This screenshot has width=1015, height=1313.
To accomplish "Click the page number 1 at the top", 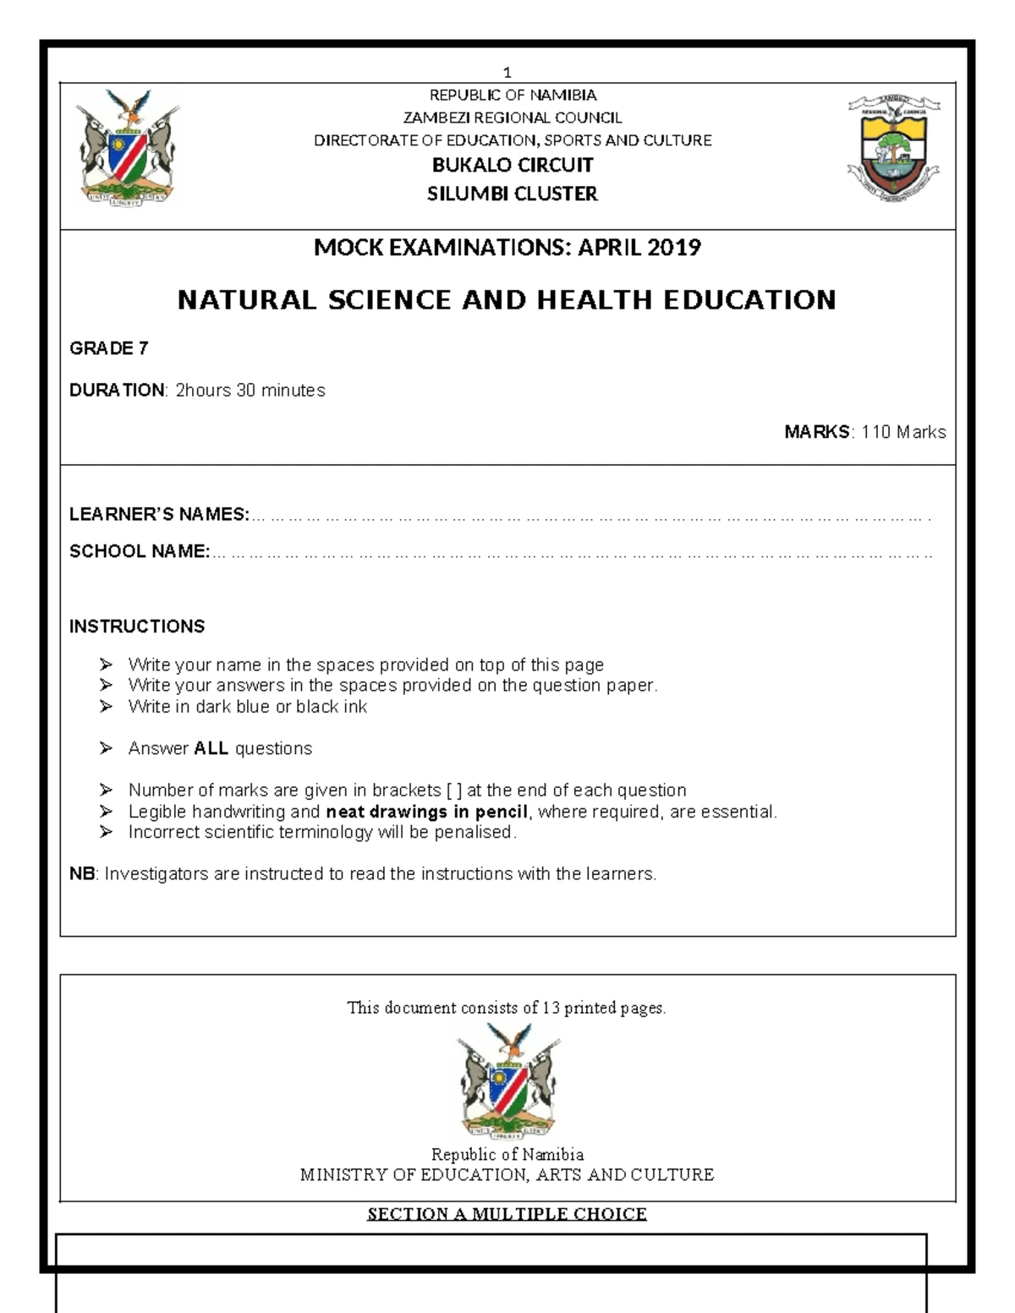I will [507, 73].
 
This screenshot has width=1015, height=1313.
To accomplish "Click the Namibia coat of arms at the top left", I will [127, 149].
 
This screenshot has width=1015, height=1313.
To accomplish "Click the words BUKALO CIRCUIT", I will [513, 166].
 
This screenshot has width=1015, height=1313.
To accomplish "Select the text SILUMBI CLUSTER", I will [513, 194].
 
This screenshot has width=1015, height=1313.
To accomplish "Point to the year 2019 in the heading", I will [674, 248].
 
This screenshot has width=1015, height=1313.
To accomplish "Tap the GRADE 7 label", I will [109, 348].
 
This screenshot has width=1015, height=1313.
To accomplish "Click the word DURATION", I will [117, 391].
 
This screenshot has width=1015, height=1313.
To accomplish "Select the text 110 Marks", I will [903, 432].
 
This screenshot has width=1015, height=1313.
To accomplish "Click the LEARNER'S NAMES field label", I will [159, 514].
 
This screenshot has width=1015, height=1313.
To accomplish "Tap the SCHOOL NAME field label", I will [140, 551].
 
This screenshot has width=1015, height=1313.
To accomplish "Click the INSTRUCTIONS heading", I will [137, 626].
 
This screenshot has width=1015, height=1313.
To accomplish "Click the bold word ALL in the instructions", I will [211, 748].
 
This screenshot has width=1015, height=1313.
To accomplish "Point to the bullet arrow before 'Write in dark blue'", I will [105, 707].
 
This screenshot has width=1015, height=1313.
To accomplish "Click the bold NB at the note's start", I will [82, 874].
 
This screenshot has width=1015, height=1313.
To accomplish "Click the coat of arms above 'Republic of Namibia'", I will [507, 1080].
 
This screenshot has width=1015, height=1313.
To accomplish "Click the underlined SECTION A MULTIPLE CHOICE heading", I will [507, 1215].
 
